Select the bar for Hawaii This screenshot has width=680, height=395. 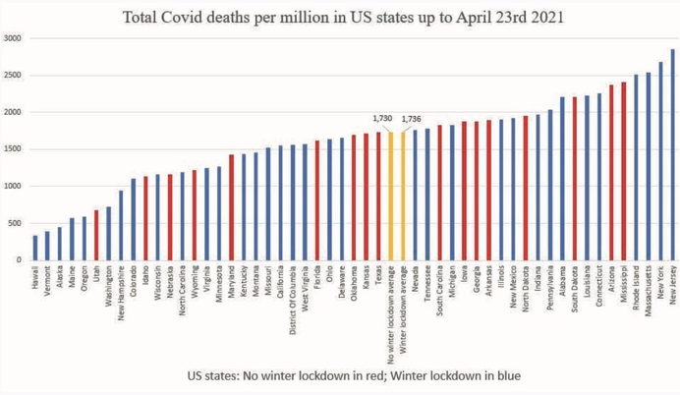[x=35, y=248]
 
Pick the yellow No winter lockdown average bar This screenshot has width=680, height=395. [x=390, y=196]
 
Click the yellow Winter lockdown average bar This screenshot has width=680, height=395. [x=403, y=196]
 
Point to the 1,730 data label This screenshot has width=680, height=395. [x=383, y=118]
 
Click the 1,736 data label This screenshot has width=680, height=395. [x=412, y=119]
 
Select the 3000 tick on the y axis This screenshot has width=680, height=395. [x=13, y=38]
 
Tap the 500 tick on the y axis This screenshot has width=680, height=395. [x=16, y=223]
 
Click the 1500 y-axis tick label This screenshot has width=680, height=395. [x=13, y=149]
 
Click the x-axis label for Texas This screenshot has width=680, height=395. [x=378, y=274]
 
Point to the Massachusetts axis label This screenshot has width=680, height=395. [x=648, y=289]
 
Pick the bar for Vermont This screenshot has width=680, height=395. [x=47, y=246]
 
